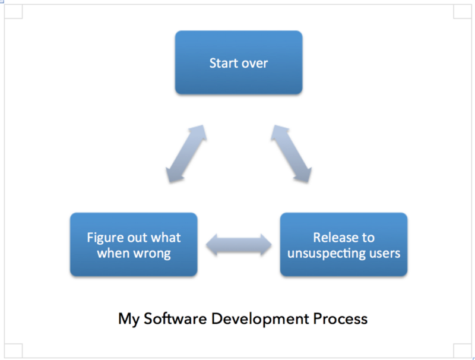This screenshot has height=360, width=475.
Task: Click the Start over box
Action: tap(239, 62)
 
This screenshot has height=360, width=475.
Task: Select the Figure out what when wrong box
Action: tap(134, 245)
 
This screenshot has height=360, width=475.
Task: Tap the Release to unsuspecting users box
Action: tap(344, 245)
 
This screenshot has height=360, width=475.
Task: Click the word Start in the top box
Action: tap(223, 63)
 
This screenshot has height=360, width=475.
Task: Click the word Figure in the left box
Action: tap(105, 238)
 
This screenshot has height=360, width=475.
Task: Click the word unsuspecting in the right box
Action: tap(326, 253)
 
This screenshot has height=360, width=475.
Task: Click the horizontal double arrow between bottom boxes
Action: tap(239, 245)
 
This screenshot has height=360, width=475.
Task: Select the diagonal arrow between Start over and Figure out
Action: tap(186, 154)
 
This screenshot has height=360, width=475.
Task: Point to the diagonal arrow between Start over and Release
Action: tap(291, 154)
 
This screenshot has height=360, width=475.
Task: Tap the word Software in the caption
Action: tap(175, 318)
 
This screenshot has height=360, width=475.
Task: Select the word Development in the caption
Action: tap(260, 320)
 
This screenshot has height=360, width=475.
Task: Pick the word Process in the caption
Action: tap(340, 319)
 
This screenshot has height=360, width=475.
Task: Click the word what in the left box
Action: tap(166, 238)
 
